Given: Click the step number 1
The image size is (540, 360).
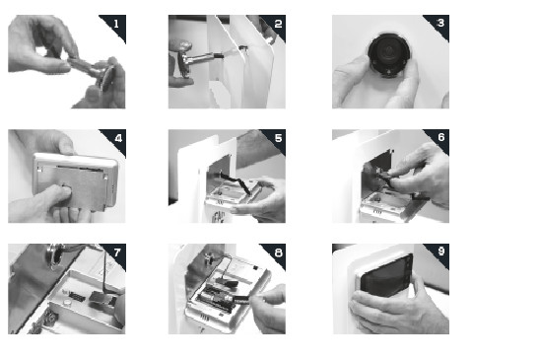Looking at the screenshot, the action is (116, 24).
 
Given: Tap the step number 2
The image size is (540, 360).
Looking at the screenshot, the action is (278, 24).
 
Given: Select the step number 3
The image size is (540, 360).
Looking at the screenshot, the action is (440, 23).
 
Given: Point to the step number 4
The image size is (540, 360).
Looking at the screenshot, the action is (118, 138).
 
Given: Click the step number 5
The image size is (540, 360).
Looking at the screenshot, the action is (278, 138).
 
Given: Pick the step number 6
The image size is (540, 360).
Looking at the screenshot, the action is (441, 137).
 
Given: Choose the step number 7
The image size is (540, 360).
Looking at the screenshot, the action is (117, 252).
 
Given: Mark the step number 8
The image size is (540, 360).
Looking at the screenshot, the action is (278, 252).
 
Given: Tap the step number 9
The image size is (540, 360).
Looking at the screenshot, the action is (441, 252).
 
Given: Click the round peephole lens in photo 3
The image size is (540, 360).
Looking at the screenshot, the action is (389, 53).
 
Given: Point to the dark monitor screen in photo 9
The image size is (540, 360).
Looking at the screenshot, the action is (386, 276).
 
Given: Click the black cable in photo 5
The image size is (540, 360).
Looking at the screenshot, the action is (236, 182).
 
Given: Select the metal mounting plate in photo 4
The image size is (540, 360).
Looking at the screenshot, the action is (72, 186).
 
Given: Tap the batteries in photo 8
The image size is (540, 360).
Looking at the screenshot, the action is (216, 297).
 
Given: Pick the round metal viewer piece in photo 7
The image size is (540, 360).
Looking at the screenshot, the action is (56, 254).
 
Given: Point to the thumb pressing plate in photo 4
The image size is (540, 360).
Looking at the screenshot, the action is (57, 195).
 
